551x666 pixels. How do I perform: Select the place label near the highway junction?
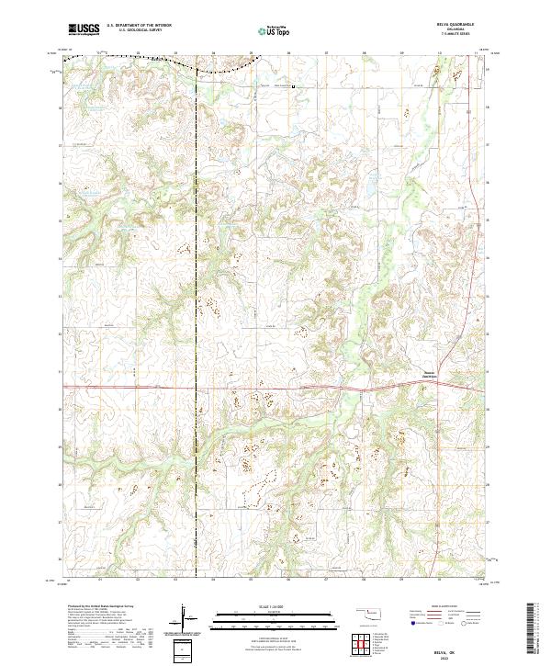pos(420,374)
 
